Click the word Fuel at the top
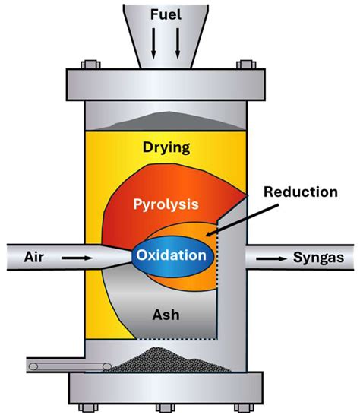[167, 14]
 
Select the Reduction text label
[300, 192]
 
